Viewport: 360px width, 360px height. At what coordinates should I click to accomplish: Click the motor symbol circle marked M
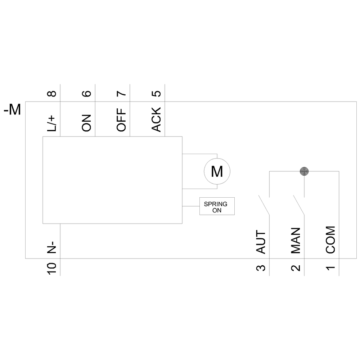[x=217, y=171]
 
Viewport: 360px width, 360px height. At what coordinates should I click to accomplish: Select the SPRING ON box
[x=217, y=206]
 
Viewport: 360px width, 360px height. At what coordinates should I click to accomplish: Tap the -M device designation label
[x=12, y=110]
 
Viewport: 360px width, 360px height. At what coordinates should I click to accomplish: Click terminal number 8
[x=52, y=94]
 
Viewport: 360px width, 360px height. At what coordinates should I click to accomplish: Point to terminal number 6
[x=87, y=94]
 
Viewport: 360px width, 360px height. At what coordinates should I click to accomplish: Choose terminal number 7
[x=122, y=94]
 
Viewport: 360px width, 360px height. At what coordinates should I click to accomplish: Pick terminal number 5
[x=157, y=94]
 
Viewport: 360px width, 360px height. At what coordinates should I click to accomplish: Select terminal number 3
[x=261, y=268]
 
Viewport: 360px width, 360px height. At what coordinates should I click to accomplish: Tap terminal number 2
[x=296, y=268]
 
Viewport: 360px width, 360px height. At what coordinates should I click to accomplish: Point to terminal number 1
[x=331, y=268]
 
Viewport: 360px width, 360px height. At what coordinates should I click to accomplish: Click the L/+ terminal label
[x=52, y=122]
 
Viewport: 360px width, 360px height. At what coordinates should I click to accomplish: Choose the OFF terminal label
[x=122, y=120]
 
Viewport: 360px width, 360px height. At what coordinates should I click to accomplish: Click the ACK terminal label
[x=157, y=120]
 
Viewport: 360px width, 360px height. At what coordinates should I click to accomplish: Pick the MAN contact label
[x=296, y=240]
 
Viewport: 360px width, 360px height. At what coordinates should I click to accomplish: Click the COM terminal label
[x=330, y=240]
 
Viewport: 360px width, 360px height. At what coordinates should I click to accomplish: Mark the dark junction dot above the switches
[x=305, y=171]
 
